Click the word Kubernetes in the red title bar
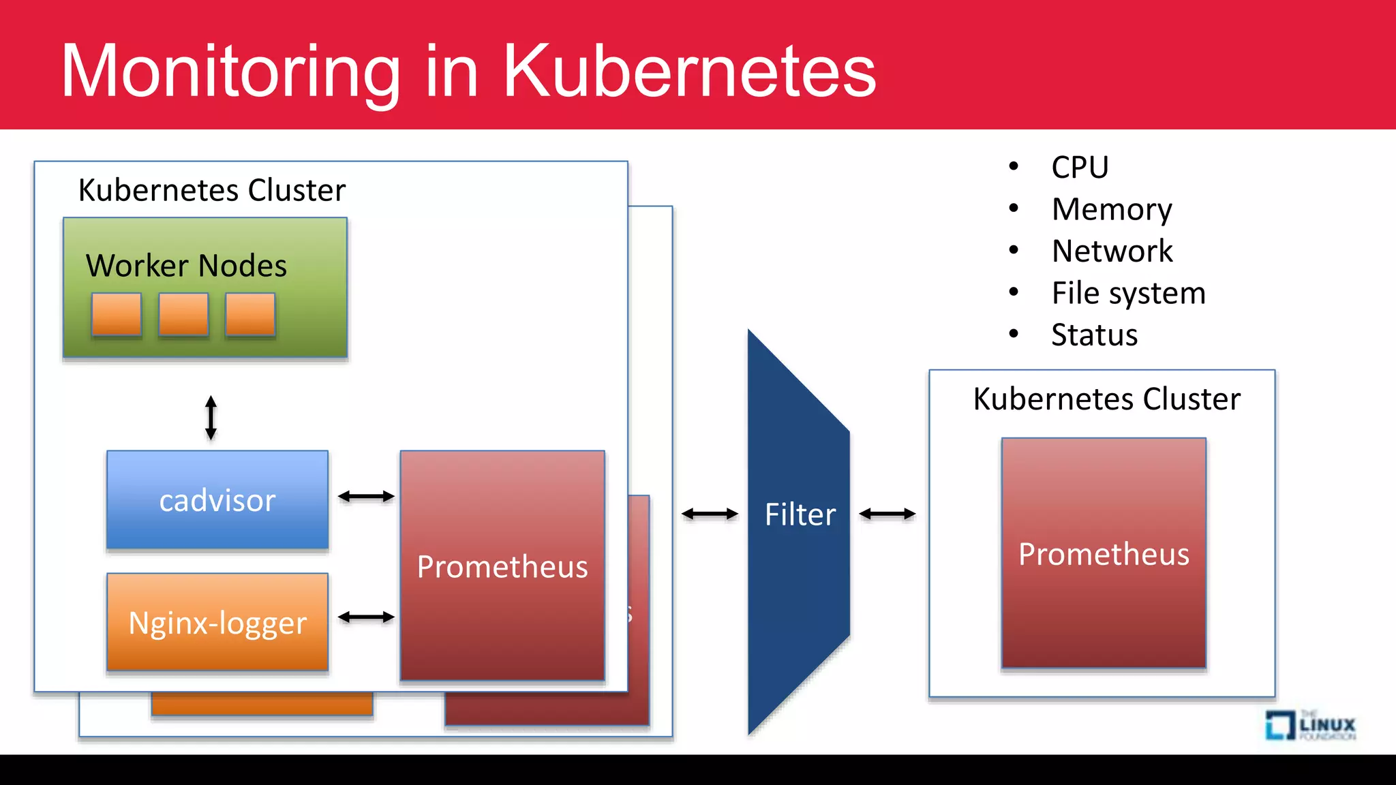pyautogui.click(x=688, y=71)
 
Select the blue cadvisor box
pyautogui.click(x=217, y=500)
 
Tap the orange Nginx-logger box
pyautogui.click(x=217, y=623)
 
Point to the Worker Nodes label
pyautogui.click(x=186, y=265)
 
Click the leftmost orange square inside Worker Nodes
pyautogui.click(x=117, y=314)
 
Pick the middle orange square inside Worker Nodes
pyautogui.click(x=183, y=314)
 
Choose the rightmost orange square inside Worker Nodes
pyautogui.click(x=250, y=314)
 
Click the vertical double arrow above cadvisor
pyautogui.click(x=211, y=418)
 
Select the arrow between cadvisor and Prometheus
pyautogui.click(x=366, y=497)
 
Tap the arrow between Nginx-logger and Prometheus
pyautogui.click(x=366, y=617)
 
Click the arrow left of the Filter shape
pyautogui.click(x=710, y=514)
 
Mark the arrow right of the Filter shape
pyautogui.click(x=887, y=514)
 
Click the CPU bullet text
pyautogui.click(x=1080, y=168)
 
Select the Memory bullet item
pyautogui.click(x=1112, y=209)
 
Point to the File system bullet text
pyautogui.click(x=1128, y=293)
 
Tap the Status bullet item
pyautogui.click(x=1094, y=335)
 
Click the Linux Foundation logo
pyautogui.click(x=1310, y=725)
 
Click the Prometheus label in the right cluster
pyautogui.click(x=1104, y=554)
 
